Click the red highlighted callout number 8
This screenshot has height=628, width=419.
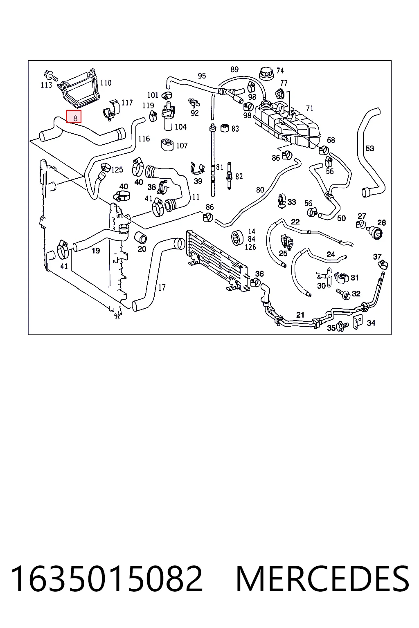[74, 117]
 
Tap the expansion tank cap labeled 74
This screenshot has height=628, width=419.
[266, 73]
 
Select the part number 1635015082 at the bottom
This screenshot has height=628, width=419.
[106, 579]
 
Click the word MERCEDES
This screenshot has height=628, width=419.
[322, 579]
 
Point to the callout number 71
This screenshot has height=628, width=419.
[310, 108]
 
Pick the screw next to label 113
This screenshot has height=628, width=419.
[50, 75]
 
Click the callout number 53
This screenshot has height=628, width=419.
[369, 148]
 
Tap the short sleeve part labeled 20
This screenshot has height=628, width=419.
[140, 238]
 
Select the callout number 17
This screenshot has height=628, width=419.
[162, 287]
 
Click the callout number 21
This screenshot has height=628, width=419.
[300, 315]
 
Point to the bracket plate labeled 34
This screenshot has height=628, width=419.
[357, 322]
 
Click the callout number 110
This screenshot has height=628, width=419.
[106, 83]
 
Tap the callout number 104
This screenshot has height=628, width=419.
[180, 127]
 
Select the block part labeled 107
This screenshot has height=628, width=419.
[167, 144]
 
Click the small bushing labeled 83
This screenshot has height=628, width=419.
[225, 128]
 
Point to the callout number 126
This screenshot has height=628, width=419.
[250, 247]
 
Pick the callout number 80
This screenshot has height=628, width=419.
[260, 190]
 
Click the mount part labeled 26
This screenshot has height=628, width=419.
[376, 232]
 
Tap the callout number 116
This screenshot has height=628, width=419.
[144, 139]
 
